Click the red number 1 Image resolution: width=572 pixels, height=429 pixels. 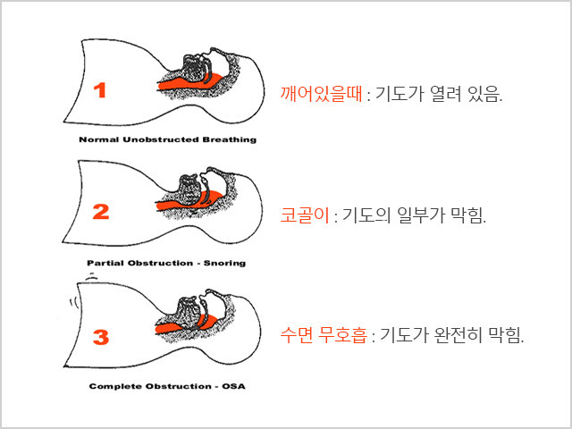click(x=100, y=90)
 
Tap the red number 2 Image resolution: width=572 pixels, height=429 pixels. click(x=101, y=212)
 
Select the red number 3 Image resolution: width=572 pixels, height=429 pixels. click(x=101, y=337)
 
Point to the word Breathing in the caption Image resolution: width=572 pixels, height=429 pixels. click(x=230, y=139)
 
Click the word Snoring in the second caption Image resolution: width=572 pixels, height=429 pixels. click(x=224, y=263)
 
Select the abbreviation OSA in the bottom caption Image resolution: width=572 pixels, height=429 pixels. click(x=233, y=386)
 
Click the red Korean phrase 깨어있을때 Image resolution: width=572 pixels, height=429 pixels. click(x=322, y=94)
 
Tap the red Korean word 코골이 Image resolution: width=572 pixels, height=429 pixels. click(x=305, y=214)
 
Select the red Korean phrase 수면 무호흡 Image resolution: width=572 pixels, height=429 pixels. click(x=324, y=334)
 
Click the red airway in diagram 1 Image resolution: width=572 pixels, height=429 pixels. click(x=189, y=82)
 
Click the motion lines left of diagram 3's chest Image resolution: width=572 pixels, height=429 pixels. click(x=73, y=303)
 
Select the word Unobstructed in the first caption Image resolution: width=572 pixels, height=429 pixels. click(x=161, y=139)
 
